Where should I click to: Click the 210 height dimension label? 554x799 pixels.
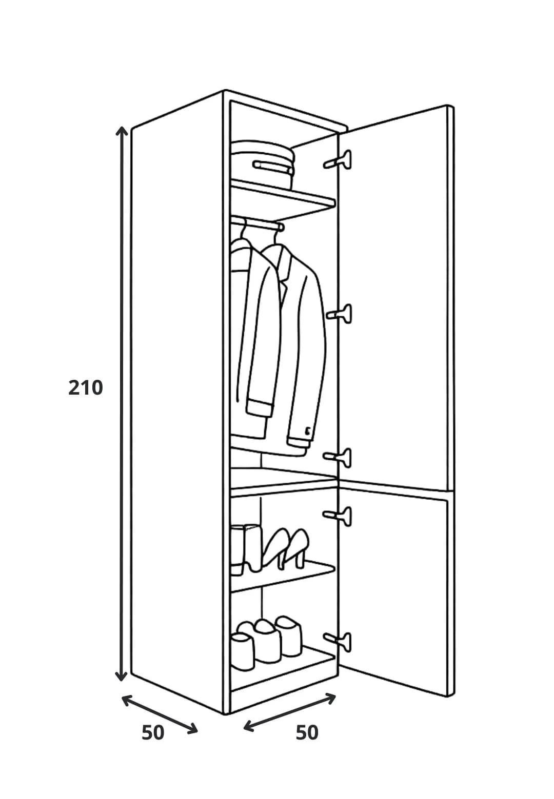[x=85, y=387]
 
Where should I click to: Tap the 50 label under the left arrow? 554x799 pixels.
[x=153, y=733]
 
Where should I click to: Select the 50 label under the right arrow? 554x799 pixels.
[x=307, y=733]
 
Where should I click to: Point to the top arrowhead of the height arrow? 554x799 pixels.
[x=122, y=131]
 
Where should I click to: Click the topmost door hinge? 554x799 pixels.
[x=338, y=160]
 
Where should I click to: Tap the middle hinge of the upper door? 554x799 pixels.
[x=339, y=314]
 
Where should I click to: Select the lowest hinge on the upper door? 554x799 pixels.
[x=338, y=458]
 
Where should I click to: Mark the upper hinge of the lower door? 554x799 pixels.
[x=338, y=516]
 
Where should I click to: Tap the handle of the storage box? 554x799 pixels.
[x=272, y=167]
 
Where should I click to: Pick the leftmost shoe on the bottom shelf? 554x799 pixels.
[x=242, y=652]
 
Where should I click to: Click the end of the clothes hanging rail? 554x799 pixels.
[x=280, y=227]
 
